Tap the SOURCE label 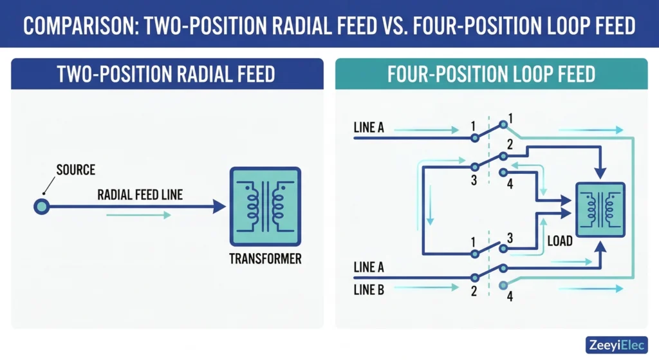(75, 170)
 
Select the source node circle (41, 207)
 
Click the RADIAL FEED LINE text (140, 194)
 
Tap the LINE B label (369, 290)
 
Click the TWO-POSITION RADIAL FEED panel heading (166, 74)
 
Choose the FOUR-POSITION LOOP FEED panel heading (491, 74)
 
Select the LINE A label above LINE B (369, 267)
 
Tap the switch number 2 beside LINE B (473, 292)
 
